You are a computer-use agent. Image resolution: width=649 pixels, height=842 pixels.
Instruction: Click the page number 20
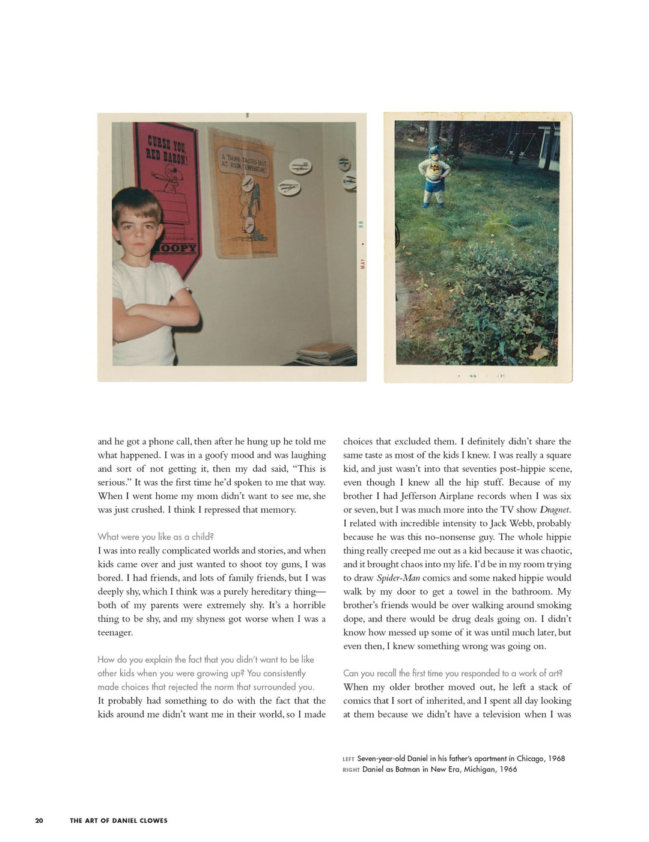[x=39, y=820]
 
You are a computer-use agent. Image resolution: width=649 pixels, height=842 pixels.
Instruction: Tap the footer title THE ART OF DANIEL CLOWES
[x=118, y=820]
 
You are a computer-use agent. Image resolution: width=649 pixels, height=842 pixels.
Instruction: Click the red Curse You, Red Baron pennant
[x=167, y=180]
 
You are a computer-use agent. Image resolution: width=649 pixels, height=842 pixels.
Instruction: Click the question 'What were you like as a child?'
[x=156, y=537]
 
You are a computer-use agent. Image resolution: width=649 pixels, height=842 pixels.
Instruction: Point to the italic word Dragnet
[x=555, y=510]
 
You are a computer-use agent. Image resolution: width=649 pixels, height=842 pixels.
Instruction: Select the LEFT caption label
[x=349, y=759]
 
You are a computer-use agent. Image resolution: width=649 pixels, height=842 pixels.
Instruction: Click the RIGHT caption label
[x=351, y=770]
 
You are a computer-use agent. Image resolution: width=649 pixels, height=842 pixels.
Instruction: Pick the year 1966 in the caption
[x=508, y=769]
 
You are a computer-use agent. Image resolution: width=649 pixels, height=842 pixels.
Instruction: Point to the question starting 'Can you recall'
[x=452, y=673]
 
